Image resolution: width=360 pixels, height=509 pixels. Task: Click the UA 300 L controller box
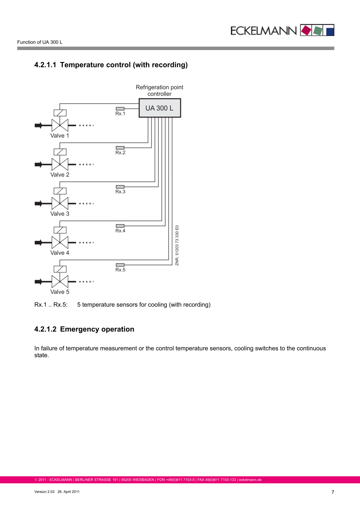pos(159,108)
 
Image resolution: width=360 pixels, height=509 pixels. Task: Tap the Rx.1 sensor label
pos(120,113)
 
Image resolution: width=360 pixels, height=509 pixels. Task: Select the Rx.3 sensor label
pos(120,192)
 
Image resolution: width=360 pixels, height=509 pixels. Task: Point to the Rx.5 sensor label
pos(120,270)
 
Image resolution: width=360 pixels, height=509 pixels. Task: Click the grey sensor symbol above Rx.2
pos(120,148)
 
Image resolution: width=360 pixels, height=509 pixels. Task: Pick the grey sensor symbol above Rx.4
pos(120,226)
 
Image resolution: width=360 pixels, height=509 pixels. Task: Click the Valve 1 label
pos(60,135)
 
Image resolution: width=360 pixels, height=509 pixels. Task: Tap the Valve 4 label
pos(60,253)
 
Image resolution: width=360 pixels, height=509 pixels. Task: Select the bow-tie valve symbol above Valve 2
pos(60,164)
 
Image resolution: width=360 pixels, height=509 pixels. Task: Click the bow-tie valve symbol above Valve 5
pos(60,282)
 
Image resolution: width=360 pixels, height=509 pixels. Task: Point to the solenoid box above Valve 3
pos(60,191)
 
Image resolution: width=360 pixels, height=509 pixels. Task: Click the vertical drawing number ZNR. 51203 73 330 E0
pos(177,245)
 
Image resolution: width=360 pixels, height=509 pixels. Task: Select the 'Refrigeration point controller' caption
pos(159,91)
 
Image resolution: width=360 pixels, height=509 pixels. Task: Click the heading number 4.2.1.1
pos(45,65)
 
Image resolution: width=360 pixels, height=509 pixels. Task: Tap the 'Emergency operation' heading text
pos(97,329)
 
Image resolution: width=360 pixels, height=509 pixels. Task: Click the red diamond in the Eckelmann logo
pos(307,30)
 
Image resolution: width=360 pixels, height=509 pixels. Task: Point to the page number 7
pos(332,492)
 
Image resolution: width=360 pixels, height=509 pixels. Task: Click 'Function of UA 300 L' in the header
pos(40,42)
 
